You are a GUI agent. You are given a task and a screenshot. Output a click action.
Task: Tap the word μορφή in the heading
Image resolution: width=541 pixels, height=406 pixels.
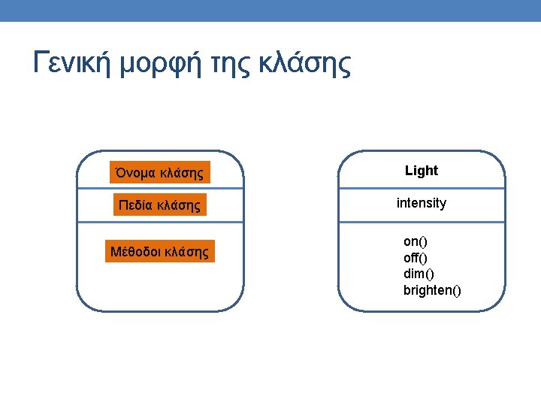pyautogui.click(x=161, y=63)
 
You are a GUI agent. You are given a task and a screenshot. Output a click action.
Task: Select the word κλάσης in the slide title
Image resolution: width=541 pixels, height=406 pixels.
pyautogui.click(x=305, y=63)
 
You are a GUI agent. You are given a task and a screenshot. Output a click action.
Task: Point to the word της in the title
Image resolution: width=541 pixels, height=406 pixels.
pyautogui.click(x=230, y=65)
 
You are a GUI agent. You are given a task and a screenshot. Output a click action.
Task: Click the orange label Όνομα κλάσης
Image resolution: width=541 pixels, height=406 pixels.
pyautogui.click(x=160, y=172)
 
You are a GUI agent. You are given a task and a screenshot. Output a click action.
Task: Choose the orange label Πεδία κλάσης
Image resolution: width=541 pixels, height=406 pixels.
pyautogui.click(x=160, y=205)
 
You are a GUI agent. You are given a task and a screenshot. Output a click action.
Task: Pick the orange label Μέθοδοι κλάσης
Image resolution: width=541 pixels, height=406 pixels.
pyautogui.click(x=160, y=251)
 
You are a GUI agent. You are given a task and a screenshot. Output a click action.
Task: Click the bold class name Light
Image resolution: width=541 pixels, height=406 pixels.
pyautogui.click(x=422, y=171)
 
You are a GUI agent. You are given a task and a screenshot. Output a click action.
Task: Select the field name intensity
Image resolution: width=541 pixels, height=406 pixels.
pyautogui.click(x=422, y=203)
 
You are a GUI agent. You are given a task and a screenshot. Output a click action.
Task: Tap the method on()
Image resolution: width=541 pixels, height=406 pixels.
pyautogui.click(x=416, y=241)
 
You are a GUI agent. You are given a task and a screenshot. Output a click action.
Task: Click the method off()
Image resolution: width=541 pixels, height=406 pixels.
pyautogui.click(x=416, y=258)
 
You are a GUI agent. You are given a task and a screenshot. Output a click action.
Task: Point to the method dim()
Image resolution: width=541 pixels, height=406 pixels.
pyautogui.click(x=419, y=274)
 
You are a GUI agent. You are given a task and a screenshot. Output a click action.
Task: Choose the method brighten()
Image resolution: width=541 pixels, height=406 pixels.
pyautogui.click(x=432, y=290)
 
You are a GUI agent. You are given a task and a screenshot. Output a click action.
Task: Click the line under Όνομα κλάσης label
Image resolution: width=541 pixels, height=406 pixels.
pyautogui.click(x=161, y=189)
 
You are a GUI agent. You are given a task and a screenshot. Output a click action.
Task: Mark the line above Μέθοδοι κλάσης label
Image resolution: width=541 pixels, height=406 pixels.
pyautogui.click(x=161, y=222)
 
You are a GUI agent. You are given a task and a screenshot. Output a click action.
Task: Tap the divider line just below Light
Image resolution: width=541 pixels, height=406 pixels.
pyautogui.click(x=422, y=189)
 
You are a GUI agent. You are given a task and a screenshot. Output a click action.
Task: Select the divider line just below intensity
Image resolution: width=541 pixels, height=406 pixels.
pyautogui.click(x=422, y=222)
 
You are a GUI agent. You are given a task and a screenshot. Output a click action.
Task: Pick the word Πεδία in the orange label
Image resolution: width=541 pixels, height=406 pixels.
pyautogui.click(x=135, y=205)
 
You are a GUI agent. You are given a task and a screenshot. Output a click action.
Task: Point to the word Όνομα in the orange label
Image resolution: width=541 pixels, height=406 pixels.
pyautogui.click(x=135, y=172)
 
